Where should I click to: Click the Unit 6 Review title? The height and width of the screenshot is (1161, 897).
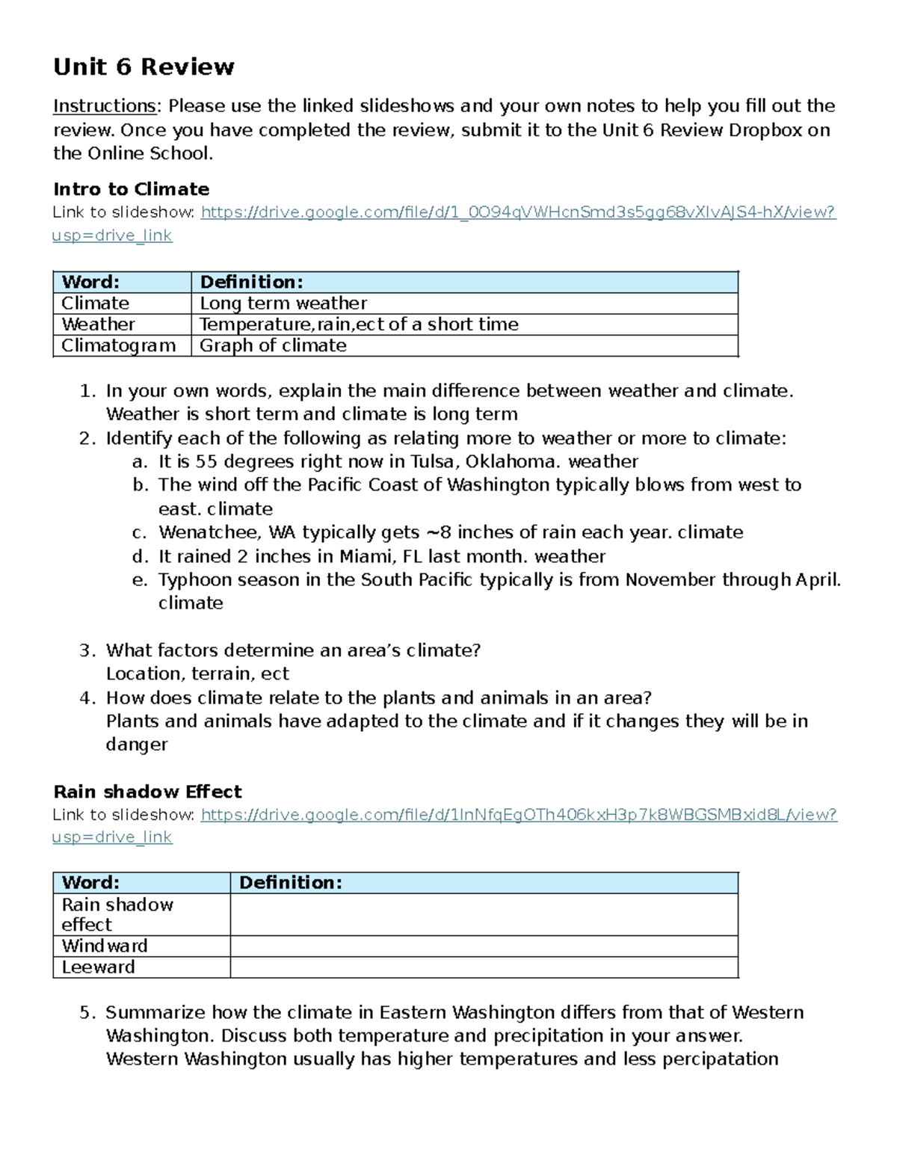click(x=144, y=67)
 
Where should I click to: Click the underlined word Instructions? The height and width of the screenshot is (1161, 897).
click(x=104, y=106)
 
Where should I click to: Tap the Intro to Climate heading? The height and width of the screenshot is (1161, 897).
click(x=131, y=189)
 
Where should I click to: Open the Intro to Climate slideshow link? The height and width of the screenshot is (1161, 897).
click(x=517, y=212)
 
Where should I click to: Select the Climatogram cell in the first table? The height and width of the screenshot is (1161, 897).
click(x=119, y=345)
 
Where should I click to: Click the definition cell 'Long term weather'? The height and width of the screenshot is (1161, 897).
click(x=283, y=304)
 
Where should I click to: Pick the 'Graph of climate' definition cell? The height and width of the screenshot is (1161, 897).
click(x=273, y=345)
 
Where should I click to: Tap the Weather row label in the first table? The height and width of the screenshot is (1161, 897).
click(x=98, y=324)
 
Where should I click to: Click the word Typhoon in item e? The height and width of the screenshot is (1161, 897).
click(x=192, y=580)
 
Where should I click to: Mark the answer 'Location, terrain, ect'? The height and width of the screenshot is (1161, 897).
click(x=197, y=674)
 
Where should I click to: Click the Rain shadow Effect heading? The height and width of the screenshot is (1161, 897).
click(x=147, y=792)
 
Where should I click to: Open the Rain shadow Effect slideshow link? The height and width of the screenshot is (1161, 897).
click(x=518, y=815)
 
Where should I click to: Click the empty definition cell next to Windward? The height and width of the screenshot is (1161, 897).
click(x=484, y=946)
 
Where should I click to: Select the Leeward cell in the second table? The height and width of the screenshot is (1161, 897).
click(x=99, y=967)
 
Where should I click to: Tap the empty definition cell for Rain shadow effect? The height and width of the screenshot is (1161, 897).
click(x=484, y=914)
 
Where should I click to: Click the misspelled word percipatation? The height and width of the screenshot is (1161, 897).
click(x=720, y=1059)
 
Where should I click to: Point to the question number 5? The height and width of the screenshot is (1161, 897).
click(x=87, y=1013)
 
